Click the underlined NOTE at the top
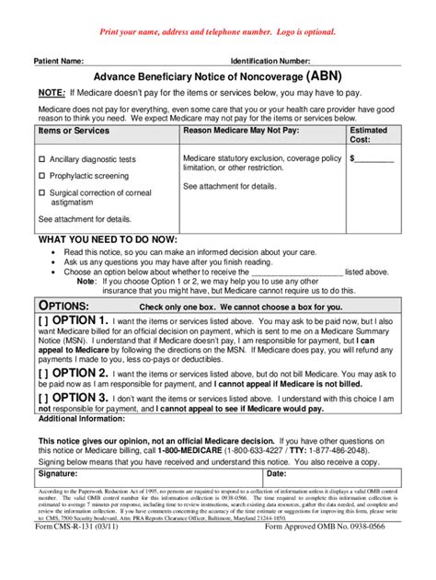click(51, 93)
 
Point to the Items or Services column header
click(74, 132)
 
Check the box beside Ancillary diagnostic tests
click(41, 159)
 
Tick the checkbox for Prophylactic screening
click(41, 175)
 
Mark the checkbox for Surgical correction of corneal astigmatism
click(41, 191)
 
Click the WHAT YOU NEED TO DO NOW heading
click(107, 239)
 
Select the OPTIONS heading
click(63, 306)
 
